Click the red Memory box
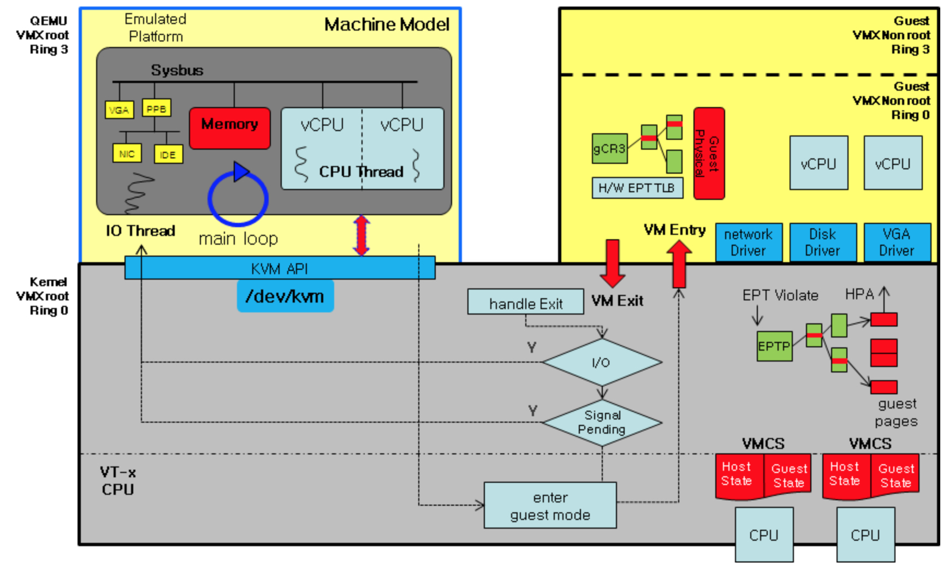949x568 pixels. [230, 128]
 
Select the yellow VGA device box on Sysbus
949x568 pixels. [119, 110]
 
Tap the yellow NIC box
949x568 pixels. [127, 153]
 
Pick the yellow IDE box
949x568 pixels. [168, 155]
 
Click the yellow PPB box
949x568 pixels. [156, 108]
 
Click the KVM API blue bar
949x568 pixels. [280, 268]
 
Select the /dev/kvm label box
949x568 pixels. [285, 296]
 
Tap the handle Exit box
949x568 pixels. [525, 302]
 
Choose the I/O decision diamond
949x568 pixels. [602, 362]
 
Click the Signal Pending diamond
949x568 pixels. [602, 422]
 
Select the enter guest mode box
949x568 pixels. [550, 505]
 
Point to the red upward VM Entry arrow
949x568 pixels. [679, 264]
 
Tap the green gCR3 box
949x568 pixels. [609, 148]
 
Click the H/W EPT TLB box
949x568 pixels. [637, 188]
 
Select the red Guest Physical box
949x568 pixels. [709, 153]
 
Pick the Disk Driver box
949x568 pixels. [822, 242]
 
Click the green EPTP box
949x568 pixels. [774, 346]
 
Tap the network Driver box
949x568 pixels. [749, 242]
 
